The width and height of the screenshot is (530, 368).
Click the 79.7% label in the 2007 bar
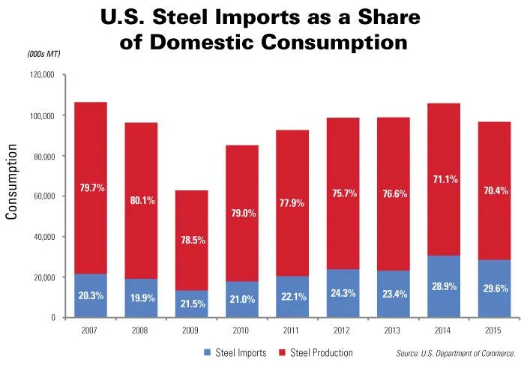pos(92,188)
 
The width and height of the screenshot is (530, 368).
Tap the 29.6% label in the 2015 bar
pos(496,289)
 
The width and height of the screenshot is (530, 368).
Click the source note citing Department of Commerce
pos(455,353)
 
